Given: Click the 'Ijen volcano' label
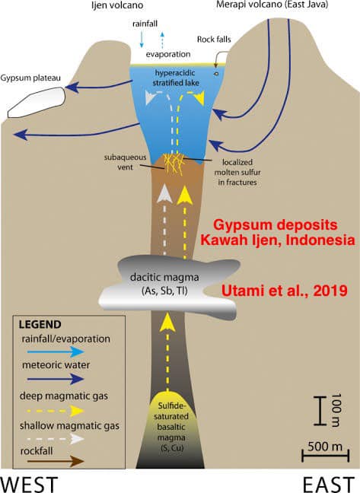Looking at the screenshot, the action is (117, 5).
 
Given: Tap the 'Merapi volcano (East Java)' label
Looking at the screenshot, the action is (272, 5).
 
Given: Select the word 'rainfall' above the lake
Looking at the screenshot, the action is (145, 24).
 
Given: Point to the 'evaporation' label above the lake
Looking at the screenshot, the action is (168, 54).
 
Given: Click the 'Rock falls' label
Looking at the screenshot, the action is (214, 40).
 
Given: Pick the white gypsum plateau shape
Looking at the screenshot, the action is (37, 102).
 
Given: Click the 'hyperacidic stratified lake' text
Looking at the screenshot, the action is (176, 78).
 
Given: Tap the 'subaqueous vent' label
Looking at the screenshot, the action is (125, 162).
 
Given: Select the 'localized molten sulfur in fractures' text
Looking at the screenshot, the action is (237, 172).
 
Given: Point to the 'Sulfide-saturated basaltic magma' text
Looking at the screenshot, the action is (171, 421).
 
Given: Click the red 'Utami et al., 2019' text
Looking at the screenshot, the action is (285, 290).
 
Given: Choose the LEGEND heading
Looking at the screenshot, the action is (40, 324).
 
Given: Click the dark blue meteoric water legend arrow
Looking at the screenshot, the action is (56, 379).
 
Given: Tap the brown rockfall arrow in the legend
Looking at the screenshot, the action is (56, 462).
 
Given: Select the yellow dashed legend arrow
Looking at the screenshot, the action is (56, 411).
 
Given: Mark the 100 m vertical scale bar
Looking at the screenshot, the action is (320, 411).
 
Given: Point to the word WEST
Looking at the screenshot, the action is (29, 484).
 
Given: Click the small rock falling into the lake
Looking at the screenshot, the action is (217, 74).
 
